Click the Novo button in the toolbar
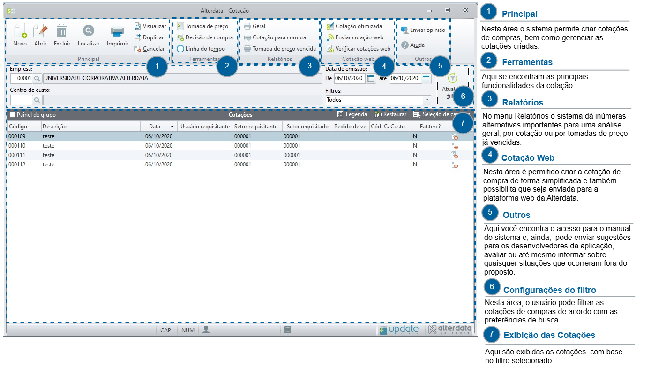pos(20,35)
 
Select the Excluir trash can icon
pos(61,31)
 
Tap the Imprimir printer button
pos(118,35)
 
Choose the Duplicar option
pos(150,37)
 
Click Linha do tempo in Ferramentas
pos(201,49)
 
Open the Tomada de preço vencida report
pos(280,49)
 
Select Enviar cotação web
pos(355,37)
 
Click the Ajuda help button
pos(413,45)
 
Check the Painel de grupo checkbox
pos(13,115)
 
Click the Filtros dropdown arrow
pos(427,100)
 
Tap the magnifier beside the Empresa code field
pos(37,78)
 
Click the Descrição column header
pos(55,127)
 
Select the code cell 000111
pos(17,155)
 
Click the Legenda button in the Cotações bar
pos(352,114)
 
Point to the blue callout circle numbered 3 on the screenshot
pos(309,66)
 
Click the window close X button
pos(465,10)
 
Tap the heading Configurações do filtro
pos(550,290)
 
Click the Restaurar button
pos(390,114)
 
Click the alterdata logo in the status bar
pos(450,329)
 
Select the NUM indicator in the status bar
pos(188,330)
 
